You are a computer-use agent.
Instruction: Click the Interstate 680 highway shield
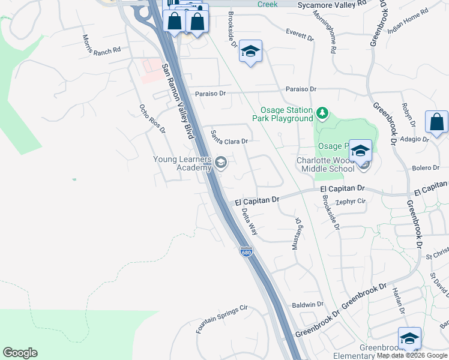coord(246,252)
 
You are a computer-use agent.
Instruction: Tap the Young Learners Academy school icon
coord(221,163)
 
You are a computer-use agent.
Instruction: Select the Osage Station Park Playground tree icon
coord(322,112)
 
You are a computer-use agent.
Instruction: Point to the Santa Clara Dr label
coord(229,139)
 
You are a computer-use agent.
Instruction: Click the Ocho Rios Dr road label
coord(152,118)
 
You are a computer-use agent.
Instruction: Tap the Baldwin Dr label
coord(307,305)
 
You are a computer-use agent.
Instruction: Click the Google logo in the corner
coord(20,353)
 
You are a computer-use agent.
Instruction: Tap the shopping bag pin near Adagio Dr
coord(436,122)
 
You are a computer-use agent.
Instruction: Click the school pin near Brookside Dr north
coord(251,52)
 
